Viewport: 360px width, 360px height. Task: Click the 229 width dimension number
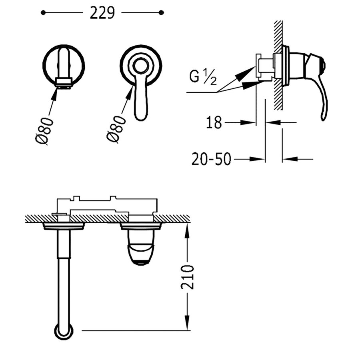tap(102, 13)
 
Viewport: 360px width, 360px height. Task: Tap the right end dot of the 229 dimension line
tap(161, 13)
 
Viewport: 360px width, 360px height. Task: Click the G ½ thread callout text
tap(203, 77)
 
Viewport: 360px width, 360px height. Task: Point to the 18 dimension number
tap(214, 123)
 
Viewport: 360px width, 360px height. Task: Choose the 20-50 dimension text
tap(211, 159)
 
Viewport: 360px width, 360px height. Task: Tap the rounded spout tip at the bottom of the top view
tap(64, 332)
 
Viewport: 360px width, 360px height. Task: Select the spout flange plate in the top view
tap(64, 227)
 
